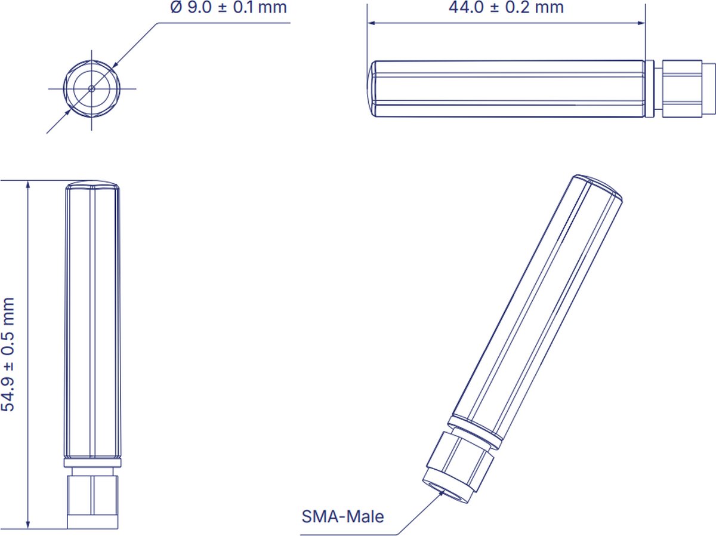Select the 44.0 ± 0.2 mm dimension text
click(x=506, y=8)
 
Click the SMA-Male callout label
click(x=342, y=516)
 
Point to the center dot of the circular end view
click(x=91, y=88)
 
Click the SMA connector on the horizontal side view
click(x=683, y=88)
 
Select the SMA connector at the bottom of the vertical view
click(x=92, y=497)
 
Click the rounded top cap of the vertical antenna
click(x=92, y=184)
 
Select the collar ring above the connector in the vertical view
click(x=92, y=463)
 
